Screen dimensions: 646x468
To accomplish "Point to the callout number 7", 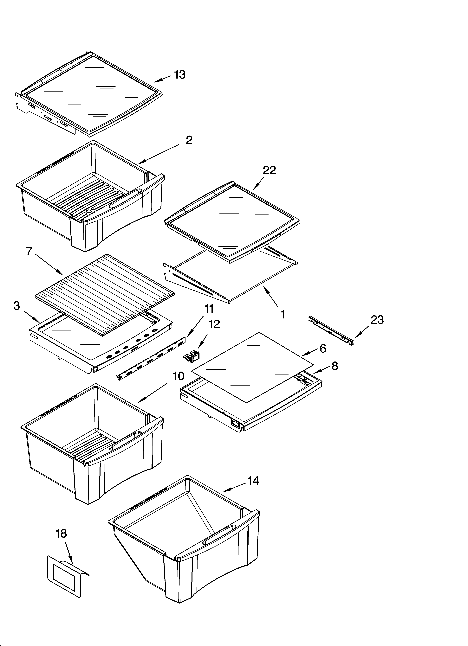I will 29,251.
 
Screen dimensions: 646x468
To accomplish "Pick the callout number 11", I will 209,309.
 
